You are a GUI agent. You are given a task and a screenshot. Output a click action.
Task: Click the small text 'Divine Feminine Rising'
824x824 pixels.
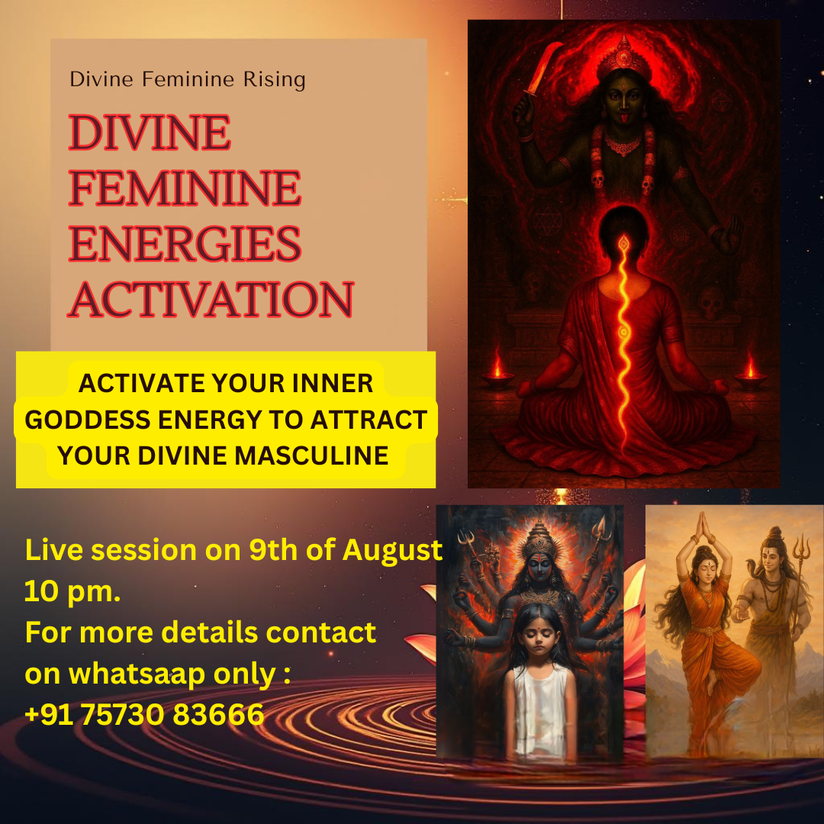point(187,79)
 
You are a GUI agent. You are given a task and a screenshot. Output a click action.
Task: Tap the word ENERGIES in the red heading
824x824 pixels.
point(185,243)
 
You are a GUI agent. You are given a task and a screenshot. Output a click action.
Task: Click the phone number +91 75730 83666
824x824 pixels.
point(145,714)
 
